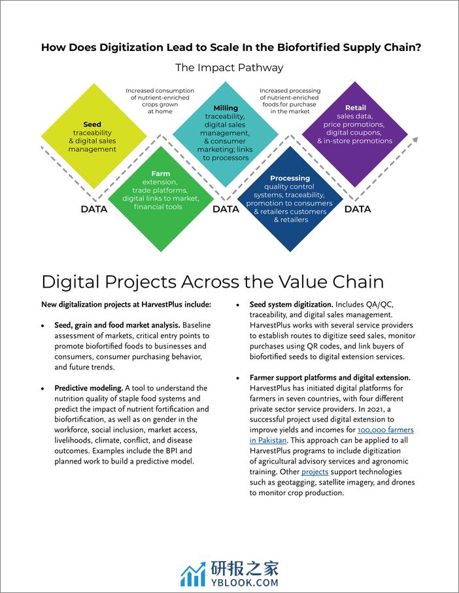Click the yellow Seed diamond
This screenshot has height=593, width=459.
point(93,136)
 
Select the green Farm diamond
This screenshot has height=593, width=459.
point(161,199)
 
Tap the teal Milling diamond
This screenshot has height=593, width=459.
point(226,134)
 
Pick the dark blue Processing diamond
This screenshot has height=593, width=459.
point(290,199)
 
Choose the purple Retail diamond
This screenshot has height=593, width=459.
point(355,134)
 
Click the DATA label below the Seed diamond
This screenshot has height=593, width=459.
point(94,209)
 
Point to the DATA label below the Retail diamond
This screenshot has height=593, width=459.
point(358,209)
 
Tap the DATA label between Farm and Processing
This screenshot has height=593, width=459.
point(226,209)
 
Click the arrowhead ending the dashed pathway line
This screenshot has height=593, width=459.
point(415,139)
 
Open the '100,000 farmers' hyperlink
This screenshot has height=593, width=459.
point(386,430)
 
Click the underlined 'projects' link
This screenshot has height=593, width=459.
point(314,472)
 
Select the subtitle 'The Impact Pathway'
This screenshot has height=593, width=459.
point(229,68)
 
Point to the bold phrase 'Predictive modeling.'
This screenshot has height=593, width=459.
point(89,388)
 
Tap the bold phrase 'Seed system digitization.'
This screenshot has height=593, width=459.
point(291,305)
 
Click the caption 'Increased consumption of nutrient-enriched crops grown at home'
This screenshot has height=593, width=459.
point(160,101)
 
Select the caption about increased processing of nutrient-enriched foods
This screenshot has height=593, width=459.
point(290,101)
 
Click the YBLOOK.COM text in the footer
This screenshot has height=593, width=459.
point(245,583)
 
